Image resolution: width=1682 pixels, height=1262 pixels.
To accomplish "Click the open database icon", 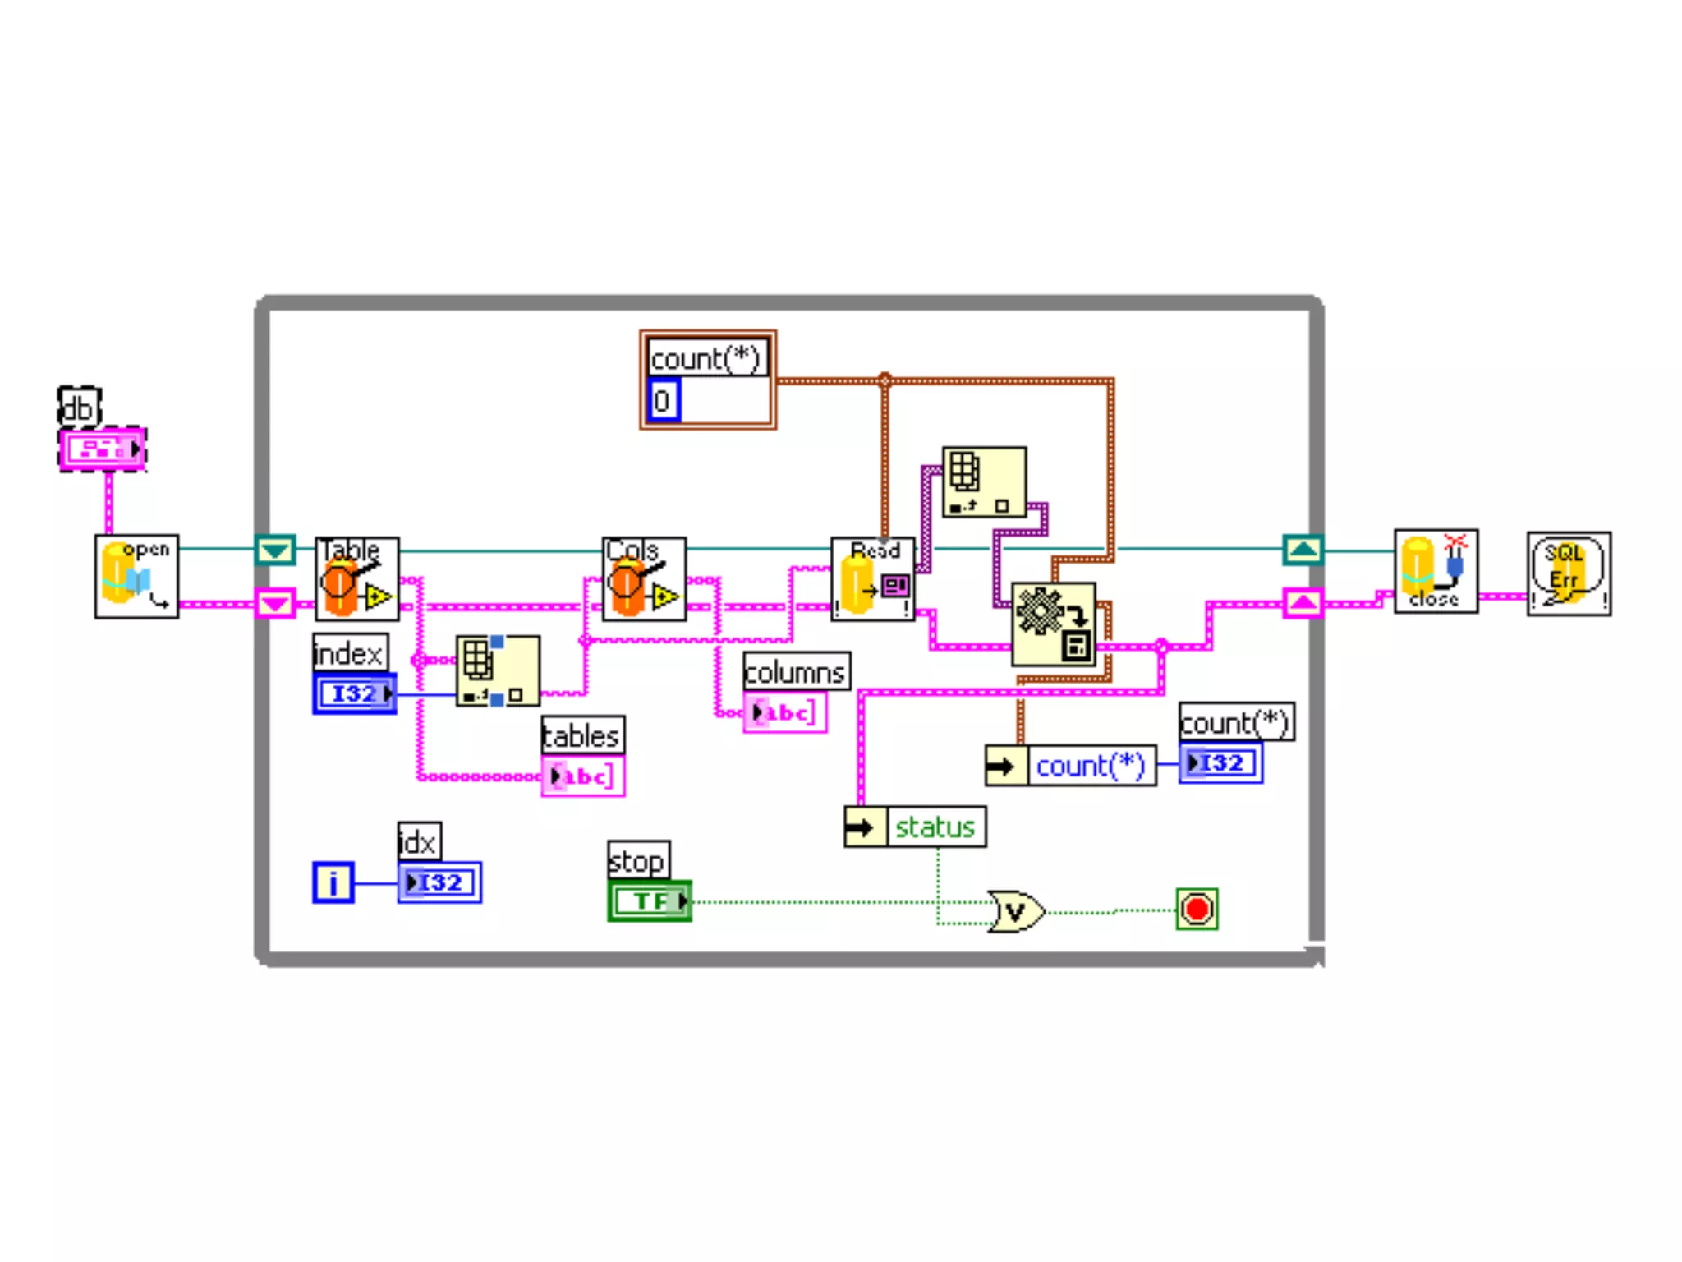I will coord(136,577).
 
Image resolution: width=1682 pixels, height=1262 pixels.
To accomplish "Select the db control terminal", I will coord(103,449).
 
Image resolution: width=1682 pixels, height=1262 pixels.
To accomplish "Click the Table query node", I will coord(357,579).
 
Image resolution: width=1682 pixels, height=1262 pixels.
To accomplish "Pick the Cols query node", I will coord(644,579).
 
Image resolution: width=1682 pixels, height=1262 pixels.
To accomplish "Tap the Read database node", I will coord(872,579).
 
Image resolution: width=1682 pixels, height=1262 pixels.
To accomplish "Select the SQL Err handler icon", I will coord(1569,574).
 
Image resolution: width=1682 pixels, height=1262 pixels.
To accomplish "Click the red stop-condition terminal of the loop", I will coord(1197,910).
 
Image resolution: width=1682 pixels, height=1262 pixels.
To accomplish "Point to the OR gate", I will coord(1016,911).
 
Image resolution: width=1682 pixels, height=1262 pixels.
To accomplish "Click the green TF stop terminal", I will coord(650,901).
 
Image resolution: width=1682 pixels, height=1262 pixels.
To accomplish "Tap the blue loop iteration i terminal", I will coord(333,883).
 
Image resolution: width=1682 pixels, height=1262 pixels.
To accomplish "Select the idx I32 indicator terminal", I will coord(439,883).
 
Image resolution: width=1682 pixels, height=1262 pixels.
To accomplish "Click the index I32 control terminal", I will coord(355,694).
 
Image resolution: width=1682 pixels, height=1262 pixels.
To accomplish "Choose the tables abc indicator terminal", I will coord(582,776).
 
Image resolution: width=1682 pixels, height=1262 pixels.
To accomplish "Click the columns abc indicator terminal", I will coord(784,712).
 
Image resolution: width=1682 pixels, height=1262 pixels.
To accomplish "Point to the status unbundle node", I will coord(915,827).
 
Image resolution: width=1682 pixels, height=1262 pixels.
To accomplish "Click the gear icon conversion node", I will coord(1053,624).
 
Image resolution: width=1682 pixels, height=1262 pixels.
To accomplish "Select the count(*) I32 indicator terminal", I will coord(1220,763).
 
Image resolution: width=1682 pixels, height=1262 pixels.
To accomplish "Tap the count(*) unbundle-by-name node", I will coord(1070,766).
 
